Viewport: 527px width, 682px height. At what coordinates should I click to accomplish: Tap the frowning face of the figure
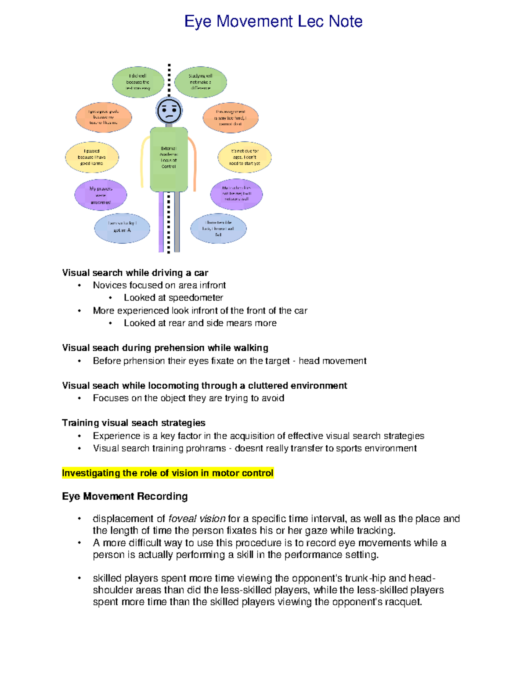tap(169, 111)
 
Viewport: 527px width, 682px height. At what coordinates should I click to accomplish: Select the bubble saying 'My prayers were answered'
tap(101, 195)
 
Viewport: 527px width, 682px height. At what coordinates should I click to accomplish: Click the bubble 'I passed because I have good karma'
tap(92, 157)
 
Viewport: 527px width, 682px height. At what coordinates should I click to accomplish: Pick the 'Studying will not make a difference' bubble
tap(200, 82)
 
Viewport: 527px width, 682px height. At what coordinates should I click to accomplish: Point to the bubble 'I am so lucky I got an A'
tap(122, 228)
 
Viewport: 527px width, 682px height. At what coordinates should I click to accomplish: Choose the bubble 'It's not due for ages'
tap(244, 157)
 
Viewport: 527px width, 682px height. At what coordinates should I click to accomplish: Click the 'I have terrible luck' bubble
tap(218, 229)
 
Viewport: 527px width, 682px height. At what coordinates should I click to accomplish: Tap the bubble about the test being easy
tap(138, 82)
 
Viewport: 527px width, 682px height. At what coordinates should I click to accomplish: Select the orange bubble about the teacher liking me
tap(104, 117)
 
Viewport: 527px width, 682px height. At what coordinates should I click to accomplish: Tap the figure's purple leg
tap(161, 222)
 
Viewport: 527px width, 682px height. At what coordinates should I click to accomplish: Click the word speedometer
tap(195, 298)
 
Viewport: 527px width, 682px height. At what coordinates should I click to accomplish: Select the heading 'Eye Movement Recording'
tap(125, 496)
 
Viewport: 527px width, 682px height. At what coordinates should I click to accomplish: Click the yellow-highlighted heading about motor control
tap(168, 473)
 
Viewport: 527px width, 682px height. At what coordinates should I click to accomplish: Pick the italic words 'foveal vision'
tap(197, 519)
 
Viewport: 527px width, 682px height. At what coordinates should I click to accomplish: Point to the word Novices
tap(110, 285)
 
